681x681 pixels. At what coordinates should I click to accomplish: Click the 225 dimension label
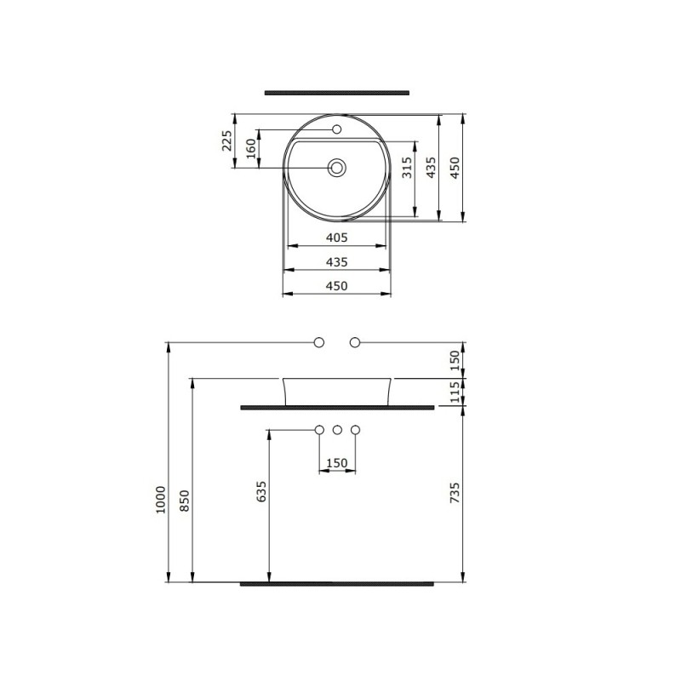pos(226,140)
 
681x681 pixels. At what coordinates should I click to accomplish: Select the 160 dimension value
pos(251,148)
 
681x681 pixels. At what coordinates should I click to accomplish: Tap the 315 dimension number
pos(407,168)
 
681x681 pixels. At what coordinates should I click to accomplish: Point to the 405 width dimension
pos(336,237)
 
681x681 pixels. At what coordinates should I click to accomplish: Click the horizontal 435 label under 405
pos(336,262)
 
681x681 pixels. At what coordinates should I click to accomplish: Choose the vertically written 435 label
pos(431,168)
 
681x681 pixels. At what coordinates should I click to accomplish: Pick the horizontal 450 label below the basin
pos(336,286)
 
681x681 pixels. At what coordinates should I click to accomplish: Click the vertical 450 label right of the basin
pos(455,168)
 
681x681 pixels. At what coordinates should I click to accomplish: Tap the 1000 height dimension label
pos(161,500)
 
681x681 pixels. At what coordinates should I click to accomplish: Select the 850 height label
pos(185,501)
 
